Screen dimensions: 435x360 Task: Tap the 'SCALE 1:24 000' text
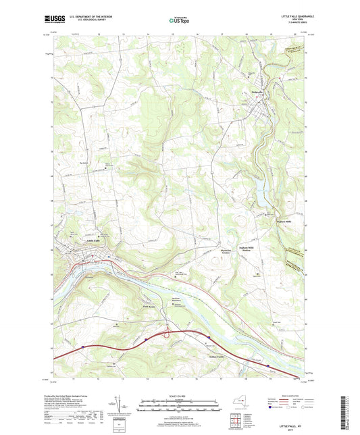pyautogui.click(x=180, y=396)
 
